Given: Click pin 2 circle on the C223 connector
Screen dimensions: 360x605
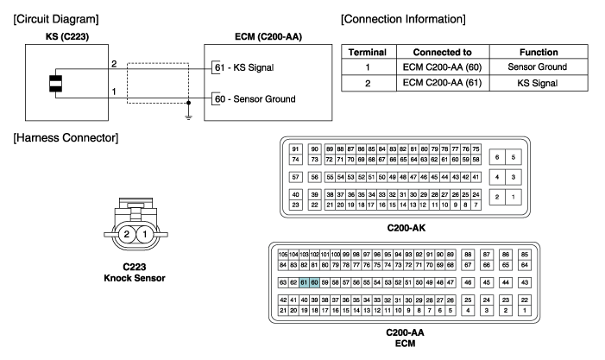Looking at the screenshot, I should pos(127,233).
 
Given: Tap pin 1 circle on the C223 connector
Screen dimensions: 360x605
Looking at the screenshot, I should pos(145,233).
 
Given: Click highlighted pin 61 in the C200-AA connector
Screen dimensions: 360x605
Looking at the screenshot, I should pos(304,282).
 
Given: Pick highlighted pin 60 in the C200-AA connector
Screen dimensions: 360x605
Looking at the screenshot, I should pos(314,282).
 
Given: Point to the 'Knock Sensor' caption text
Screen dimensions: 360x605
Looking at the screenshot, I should pos(135,278).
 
